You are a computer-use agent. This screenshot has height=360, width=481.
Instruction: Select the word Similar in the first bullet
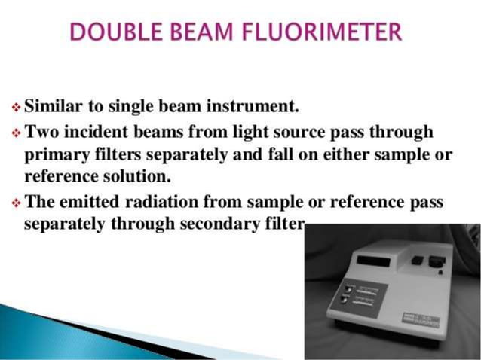tap(55, 102)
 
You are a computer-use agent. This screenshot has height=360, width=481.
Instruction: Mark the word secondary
tap(213, 224)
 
